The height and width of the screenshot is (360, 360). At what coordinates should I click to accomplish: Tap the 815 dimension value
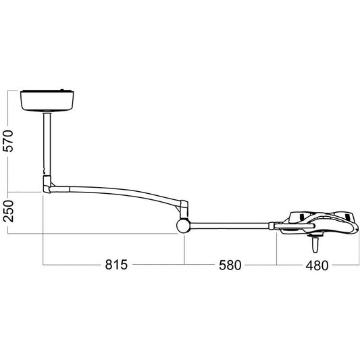click(115, 265)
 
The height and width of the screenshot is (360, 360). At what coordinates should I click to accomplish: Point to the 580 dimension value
click(229, 265)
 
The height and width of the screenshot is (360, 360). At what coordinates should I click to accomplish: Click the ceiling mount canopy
click(47, 101)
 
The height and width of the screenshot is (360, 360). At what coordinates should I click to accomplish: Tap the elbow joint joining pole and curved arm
click(48, 184)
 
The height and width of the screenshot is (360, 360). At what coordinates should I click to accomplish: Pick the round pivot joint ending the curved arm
click(184, 226)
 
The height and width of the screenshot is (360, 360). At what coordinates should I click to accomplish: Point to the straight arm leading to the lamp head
click(230, 224)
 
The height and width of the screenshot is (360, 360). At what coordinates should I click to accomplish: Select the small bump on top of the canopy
click(66, 90)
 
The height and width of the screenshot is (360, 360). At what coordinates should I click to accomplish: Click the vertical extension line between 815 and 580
click(184, 250)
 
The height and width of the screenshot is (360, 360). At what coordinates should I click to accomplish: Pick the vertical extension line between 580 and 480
click(277, 250)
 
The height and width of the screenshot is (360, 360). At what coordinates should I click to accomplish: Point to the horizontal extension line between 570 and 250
click(24, 191)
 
